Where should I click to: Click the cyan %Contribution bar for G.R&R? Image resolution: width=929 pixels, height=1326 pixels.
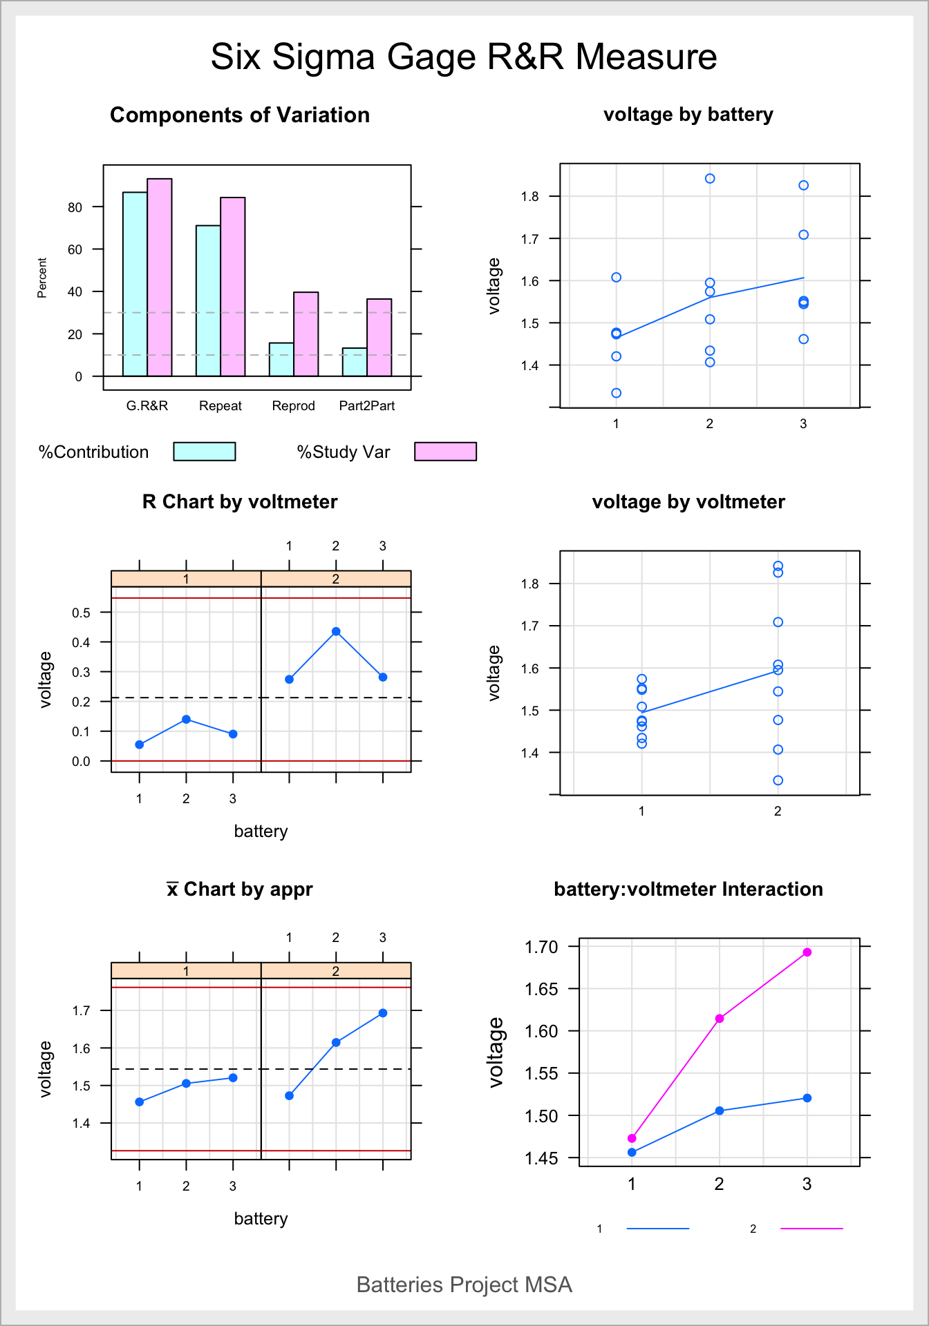pyautogui.click(x=135, y=284)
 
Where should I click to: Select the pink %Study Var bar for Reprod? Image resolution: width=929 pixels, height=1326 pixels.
pyautogui.click(x=306, y=334)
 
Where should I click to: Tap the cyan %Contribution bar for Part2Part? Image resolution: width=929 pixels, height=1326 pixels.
pyautogui.click(x=355, y=362)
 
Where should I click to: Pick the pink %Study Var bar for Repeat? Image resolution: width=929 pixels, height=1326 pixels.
pyautogui.click(x=232, y=287)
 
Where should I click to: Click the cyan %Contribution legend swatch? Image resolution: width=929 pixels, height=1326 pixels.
pyautogui.click(x=204, y=452)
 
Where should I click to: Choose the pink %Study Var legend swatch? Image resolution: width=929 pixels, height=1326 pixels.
pyautogui.click(x=445, y=452)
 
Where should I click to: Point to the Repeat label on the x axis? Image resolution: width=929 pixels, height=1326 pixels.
pyautogui.click(x=220, y=406)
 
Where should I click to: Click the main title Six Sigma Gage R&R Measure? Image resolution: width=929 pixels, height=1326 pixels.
pyautogui.click(x=464, y=57)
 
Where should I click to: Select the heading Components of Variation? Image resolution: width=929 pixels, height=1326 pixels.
pyautogui.click(x=239, y=115)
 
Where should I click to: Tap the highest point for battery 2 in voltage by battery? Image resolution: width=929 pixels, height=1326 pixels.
pyautogui.click(x=710, y=179)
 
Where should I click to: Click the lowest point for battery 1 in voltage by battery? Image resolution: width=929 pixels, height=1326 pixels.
pyautogui.click(x=616, y=393)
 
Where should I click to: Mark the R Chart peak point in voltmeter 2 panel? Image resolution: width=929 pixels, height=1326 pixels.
pyautogui.click(x=336, y=631)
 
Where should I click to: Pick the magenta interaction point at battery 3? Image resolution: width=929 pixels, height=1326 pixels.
pyautogui.click(x=807, y=952)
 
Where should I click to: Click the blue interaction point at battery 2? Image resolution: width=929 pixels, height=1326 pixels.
pyautogui.click(x=720, y=1111)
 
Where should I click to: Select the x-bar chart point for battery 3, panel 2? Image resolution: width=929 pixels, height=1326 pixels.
pyautogui.click(x=383, y=1013)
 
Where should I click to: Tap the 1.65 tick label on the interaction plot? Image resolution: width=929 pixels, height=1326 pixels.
pyautogui.click(x=541, y=989)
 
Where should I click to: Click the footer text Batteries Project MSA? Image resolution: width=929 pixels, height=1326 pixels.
pyautogui.click(x=464, y=1285)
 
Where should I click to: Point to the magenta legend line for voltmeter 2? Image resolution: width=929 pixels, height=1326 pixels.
pyautogui.click(x=811, y=1229)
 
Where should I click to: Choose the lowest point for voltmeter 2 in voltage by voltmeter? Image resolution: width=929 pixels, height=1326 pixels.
pyautogui.click(x=778, y=780)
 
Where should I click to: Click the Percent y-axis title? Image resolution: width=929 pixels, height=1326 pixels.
pyautogui.click(x=42, y=278)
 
